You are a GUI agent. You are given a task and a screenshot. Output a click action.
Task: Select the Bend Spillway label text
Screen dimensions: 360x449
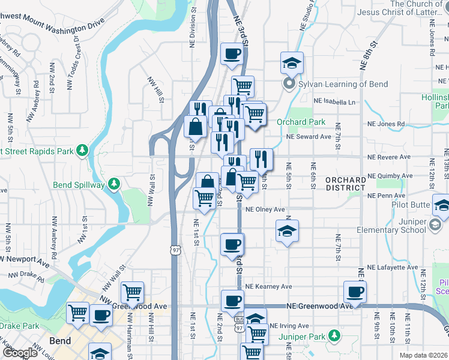click(78, 185)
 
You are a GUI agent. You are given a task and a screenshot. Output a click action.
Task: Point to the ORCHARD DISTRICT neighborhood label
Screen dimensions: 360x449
click(345, 184)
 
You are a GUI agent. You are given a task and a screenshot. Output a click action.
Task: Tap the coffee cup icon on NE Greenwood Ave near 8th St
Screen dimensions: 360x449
click(355, 292)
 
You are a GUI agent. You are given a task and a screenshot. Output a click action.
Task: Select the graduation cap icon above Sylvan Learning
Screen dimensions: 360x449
click(292, 62)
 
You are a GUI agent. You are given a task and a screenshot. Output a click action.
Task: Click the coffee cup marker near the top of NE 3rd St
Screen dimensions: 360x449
click(232, 54)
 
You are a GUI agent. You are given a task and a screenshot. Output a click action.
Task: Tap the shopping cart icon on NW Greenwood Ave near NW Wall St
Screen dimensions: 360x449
click(132, 292)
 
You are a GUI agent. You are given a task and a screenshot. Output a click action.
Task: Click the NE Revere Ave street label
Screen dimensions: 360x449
click(390, 157)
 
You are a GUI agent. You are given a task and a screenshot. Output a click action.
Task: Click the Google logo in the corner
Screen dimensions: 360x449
click(20, 353)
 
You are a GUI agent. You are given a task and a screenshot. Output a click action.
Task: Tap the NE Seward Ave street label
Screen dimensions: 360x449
click(309, 136)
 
